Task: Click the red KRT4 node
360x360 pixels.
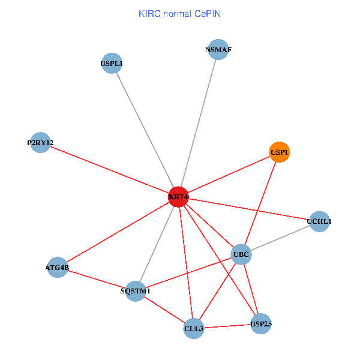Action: [x=178, y=197]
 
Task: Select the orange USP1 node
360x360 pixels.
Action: [x=280, y=152]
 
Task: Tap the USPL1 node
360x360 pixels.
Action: [x=112, y=63]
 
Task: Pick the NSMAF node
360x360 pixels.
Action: [x=218, y=50]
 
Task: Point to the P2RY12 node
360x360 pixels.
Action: [x=40, y=143]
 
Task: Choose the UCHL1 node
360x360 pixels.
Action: [x=319, y=221]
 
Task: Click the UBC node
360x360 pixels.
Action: [x=241, y=254]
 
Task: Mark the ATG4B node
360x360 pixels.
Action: [x=58, y=267]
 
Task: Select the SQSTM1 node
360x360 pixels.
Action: [x=136, y=291]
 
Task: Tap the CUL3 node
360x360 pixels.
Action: [x=194, y=328]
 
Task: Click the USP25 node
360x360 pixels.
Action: [x=261, y=324]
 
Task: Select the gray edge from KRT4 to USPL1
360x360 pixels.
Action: [x=145, y=129]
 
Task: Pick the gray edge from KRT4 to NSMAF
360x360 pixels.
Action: [x=198, y=124]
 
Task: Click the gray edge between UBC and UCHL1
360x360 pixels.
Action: [x=280, y=238]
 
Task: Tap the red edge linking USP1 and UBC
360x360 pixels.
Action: [x=260, y=203]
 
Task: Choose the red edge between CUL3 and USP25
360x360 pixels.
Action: [x=227, y=326]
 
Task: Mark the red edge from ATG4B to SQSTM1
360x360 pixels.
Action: [x=96, y=279]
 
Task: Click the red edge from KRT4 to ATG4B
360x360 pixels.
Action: [x=118, y=232]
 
